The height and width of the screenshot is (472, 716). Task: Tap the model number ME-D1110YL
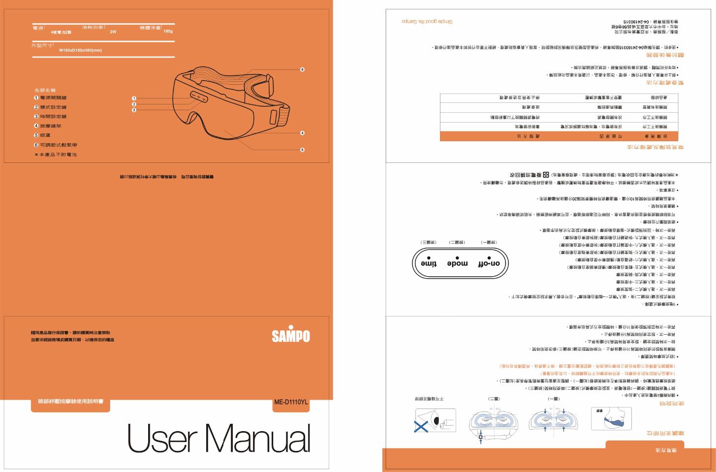point(291,402)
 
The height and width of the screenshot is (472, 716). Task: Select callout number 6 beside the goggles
point(303,69)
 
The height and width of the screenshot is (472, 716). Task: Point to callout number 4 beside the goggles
point(303,133)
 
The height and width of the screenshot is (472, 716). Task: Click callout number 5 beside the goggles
point(303,150)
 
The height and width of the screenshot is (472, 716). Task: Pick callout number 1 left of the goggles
point(134,98)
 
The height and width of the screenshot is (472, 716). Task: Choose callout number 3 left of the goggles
point(134,110)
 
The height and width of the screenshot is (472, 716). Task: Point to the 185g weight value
point(168,31)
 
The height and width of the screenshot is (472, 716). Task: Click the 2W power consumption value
point(113,31)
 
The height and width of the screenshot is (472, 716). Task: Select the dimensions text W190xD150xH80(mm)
point(80,50)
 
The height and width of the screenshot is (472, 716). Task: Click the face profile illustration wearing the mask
point(611,419)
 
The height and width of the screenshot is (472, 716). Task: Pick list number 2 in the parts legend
point(36,107)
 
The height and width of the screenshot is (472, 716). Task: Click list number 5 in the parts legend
point(36,135)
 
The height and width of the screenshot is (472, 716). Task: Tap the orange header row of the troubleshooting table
point(559,136)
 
